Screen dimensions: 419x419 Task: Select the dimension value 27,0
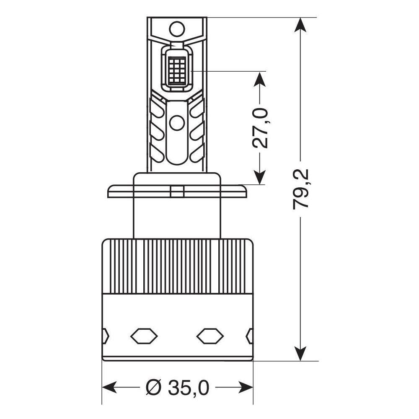(260, 128)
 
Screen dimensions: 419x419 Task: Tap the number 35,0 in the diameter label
(188, 388)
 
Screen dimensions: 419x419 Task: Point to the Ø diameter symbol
(154, 388)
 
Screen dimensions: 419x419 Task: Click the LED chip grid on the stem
(177, 70)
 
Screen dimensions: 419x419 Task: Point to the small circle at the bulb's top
(177, 29)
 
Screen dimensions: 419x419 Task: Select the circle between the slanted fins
(177, 123)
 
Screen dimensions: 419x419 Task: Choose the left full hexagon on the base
(144, 336)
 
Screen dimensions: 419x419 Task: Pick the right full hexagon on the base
(210, 336)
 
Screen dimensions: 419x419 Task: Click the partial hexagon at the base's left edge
(105, 336)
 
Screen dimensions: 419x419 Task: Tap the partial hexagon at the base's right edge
(250, 336)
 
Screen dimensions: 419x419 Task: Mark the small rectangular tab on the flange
(177, 192)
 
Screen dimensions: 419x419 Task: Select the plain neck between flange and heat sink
(177, 218)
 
